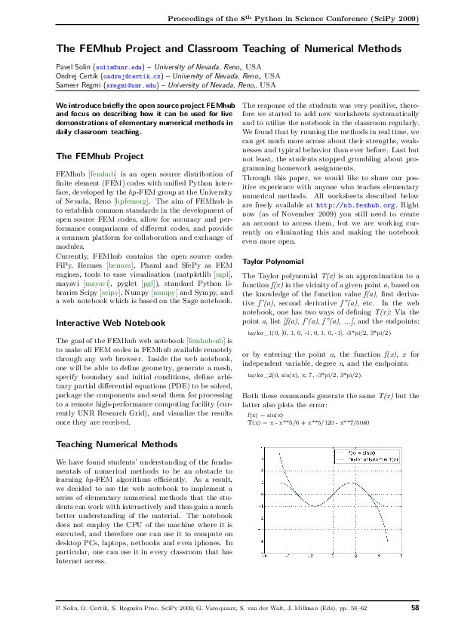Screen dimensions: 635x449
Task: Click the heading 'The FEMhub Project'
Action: (100, 156)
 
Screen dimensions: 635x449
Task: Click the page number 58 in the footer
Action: (415, 607)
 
